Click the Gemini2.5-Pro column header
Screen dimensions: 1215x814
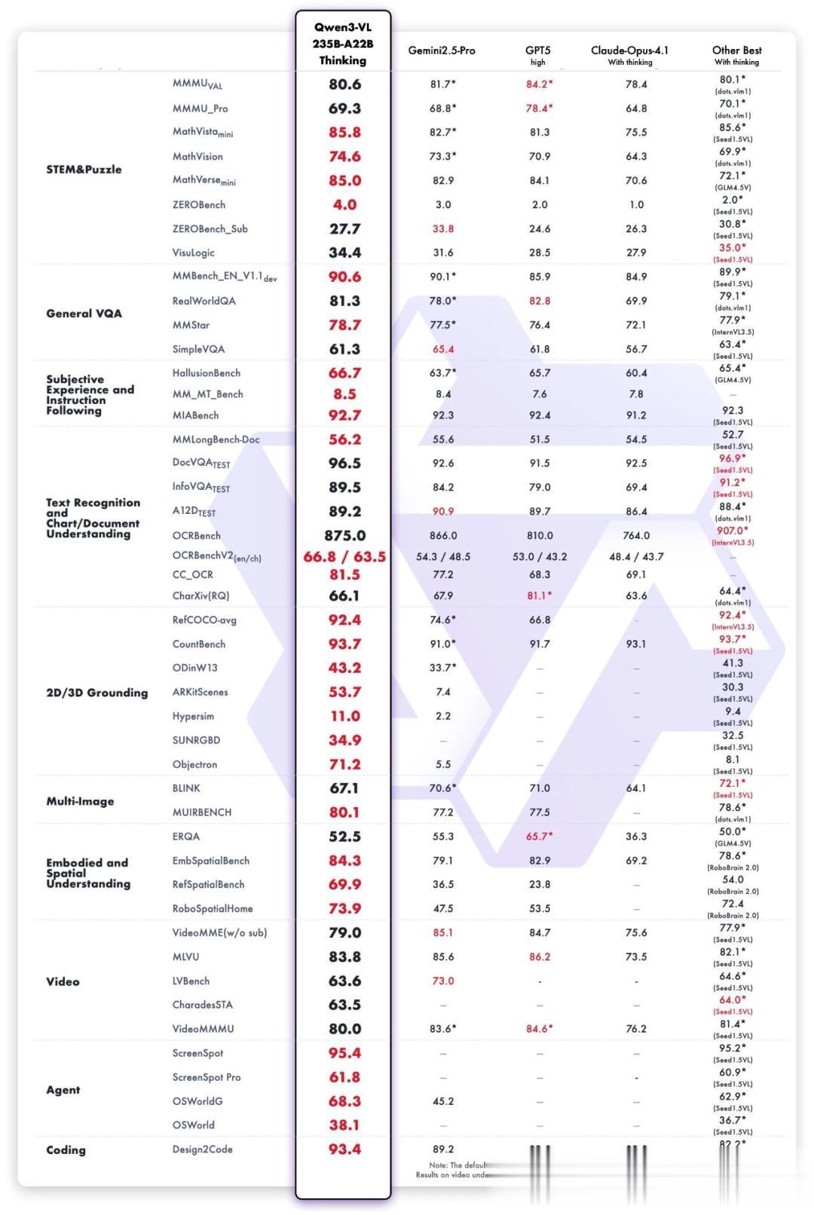pos(442,50)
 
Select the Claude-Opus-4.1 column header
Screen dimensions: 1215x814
pos(629,50)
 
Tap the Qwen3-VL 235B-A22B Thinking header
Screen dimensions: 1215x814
pos(343,44)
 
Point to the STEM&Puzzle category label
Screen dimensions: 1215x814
pos(84,169)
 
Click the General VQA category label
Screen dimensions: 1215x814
pos(84,314)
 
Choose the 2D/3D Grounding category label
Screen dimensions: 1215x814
pos(96,693)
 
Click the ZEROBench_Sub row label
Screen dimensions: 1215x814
pos(210,228)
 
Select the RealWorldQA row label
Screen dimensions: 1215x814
pos(203,301)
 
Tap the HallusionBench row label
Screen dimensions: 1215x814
pos(206,372)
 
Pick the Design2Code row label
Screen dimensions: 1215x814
pos(202,1149)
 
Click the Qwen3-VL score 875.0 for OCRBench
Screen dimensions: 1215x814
pos(344,535)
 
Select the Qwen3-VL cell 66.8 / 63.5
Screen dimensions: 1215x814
pos(344,557)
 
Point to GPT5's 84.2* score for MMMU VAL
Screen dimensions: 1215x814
pos(539,84)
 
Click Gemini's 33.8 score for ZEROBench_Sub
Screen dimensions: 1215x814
pos(443,228)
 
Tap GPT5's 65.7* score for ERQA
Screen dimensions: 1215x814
pos(539,836)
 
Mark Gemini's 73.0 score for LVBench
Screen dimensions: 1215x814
pos(443,981)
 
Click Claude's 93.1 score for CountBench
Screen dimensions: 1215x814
pos(636,644)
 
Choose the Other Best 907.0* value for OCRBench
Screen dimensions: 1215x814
pos(733,531)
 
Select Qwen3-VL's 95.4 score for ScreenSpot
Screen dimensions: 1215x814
pos(344,1053)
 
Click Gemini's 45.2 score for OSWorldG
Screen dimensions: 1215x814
pos(443,1101)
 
